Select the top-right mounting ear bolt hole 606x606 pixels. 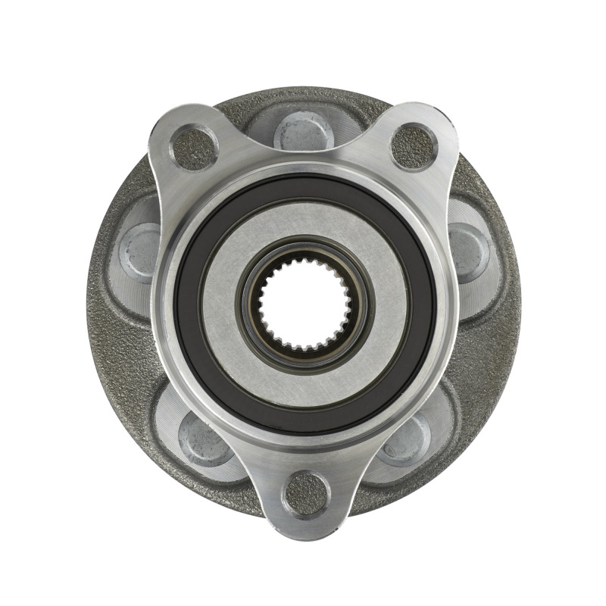click(414, 146)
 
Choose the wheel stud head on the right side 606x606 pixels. click(467, 248)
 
